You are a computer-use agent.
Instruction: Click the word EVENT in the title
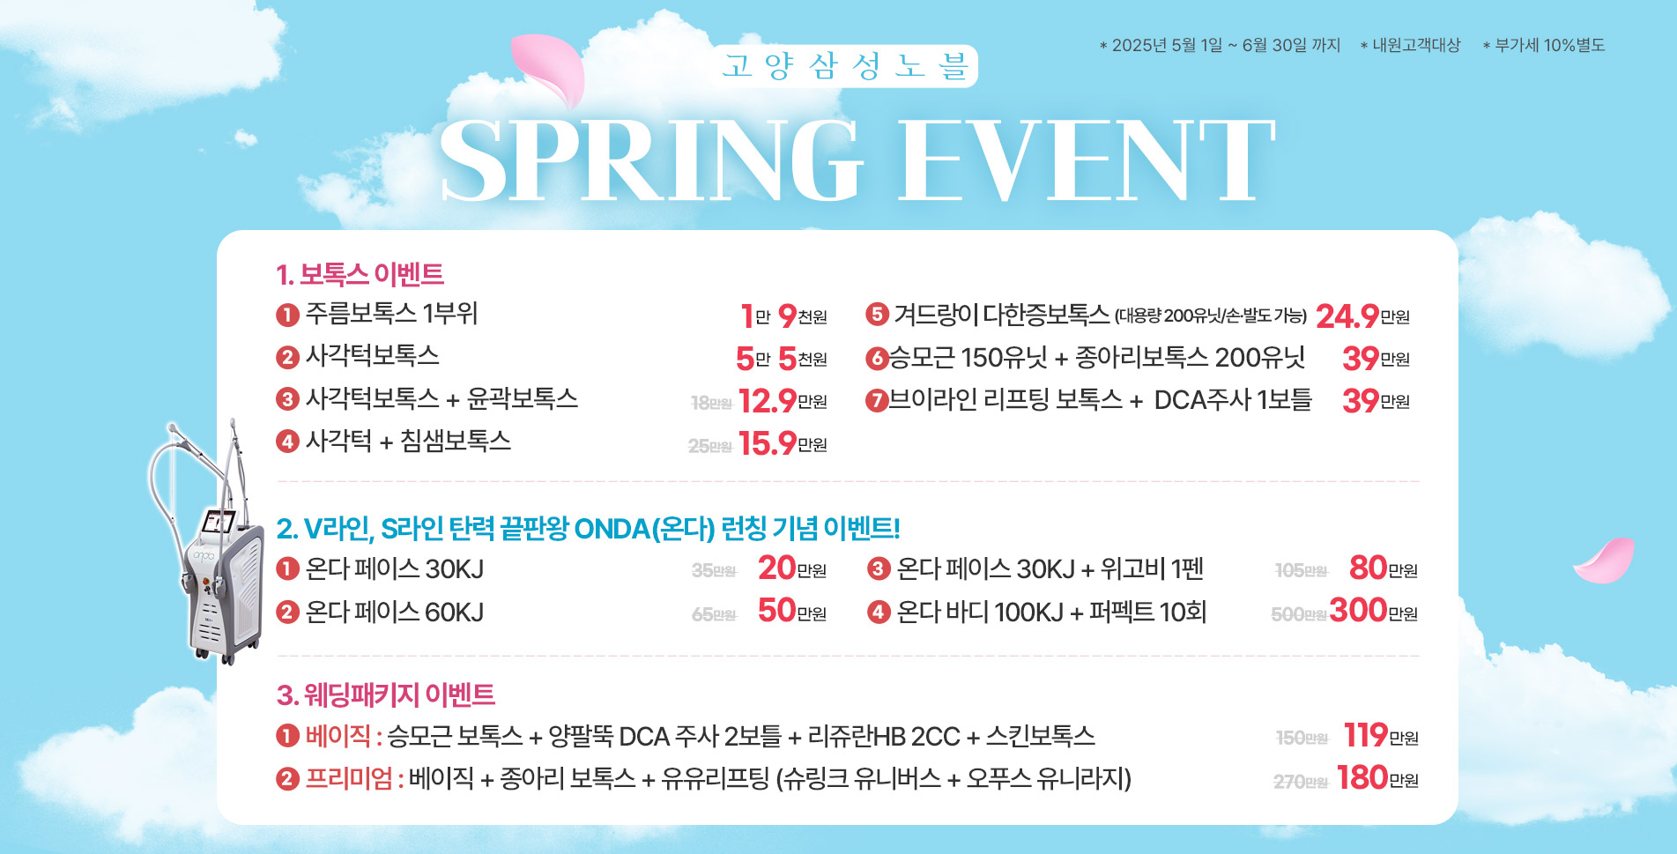(1087, 160)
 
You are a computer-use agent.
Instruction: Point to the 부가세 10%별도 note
(1544, 45)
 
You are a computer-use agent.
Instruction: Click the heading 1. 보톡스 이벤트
(360, 274)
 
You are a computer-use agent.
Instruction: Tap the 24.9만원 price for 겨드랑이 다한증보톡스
(1362, 316)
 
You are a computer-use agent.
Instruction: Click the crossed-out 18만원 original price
(711, 403)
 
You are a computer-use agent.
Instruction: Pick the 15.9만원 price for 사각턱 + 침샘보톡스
(783, 442)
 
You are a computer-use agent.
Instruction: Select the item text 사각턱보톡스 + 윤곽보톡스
(442, 398)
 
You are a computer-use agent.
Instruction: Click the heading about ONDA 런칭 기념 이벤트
(588, 528)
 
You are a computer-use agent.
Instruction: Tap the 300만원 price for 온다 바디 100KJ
(1373, 610)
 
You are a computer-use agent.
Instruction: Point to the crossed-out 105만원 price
(1301, 571)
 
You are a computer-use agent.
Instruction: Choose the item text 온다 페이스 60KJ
(394, 612)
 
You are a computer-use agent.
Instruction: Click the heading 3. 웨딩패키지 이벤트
(385, 694)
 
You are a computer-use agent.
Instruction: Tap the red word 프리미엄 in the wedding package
(348, 778)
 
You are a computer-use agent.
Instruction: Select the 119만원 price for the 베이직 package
(1381, 735)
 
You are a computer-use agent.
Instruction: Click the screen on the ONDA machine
(217, 523)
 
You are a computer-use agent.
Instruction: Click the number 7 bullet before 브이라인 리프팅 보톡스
(876, 401)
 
